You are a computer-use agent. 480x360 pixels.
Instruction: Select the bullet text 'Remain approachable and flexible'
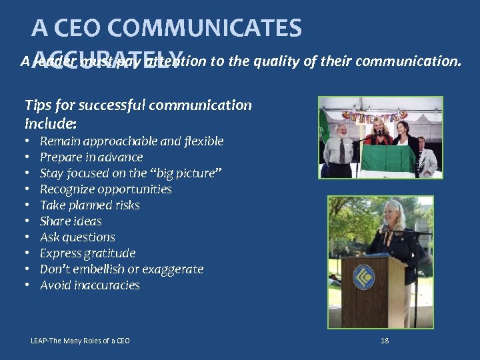(x=131, y=141)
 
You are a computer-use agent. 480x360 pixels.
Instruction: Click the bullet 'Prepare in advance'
(x=91, y=157)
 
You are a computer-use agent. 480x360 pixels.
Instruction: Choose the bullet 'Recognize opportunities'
(x=105, y=189)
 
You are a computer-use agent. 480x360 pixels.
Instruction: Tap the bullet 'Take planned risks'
(x=89, y=205)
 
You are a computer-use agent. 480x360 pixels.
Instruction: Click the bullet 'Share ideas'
(x=71, y=221)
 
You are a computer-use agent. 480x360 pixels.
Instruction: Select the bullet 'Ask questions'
(x=77, y=237)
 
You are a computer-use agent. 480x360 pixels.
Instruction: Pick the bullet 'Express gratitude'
(x=87, y=253)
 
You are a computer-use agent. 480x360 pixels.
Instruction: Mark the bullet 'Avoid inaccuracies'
(x=89, y=285)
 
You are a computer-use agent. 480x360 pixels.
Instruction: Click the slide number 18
(x=384, y=341)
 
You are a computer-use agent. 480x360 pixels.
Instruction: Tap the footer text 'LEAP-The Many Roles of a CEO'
(x=80, y=341)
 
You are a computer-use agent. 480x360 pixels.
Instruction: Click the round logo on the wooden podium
(x=363, y=277)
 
